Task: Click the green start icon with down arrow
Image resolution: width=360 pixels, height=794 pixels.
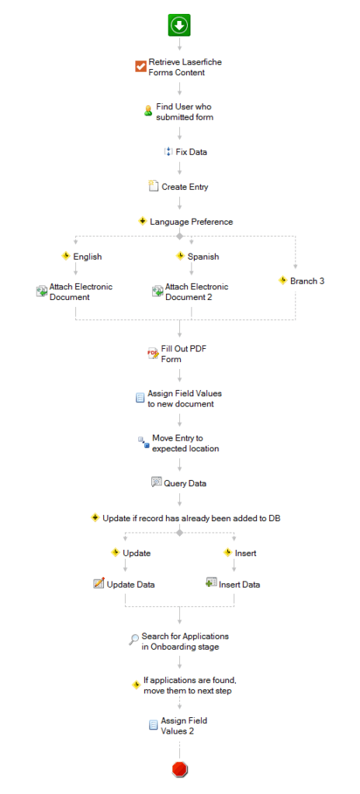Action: [179, 26]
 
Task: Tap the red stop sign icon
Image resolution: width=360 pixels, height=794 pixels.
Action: [180, 770]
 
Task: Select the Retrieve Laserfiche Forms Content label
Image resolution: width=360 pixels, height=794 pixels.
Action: [185, 67]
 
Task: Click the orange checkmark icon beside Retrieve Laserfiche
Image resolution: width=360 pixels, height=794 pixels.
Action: [140, 67]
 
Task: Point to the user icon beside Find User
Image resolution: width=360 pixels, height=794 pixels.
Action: [148, 112]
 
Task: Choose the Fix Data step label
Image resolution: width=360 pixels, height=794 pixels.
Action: [191, 151]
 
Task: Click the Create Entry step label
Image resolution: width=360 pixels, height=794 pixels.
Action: [185, 187]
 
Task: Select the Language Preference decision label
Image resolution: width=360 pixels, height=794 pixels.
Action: [191, 222]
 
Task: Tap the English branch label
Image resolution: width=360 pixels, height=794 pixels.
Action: [87, 257]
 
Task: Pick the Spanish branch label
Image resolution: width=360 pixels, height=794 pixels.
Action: [203, 257]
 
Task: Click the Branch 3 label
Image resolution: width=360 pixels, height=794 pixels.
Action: [307, 281]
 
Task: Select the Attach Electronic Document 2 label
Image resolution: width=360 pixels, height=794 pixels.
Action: [197, 292]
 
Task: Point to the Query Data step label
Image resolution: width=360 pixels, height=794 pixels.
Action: [185, 484]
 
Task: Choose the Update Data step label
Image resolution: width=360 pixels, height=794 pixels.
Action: [131, 585]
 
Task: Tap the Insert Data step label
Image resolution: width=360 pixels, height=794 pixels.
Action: [239, 585]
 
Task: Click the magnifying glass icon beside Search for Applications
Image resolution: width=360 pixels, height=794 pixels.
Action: [134, 640]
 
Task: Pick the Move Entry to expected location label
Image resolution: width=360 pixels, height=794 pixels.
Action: [185, 443]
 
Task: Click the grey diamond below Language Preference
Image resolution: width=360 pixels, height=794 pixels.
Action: [179, 236]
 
